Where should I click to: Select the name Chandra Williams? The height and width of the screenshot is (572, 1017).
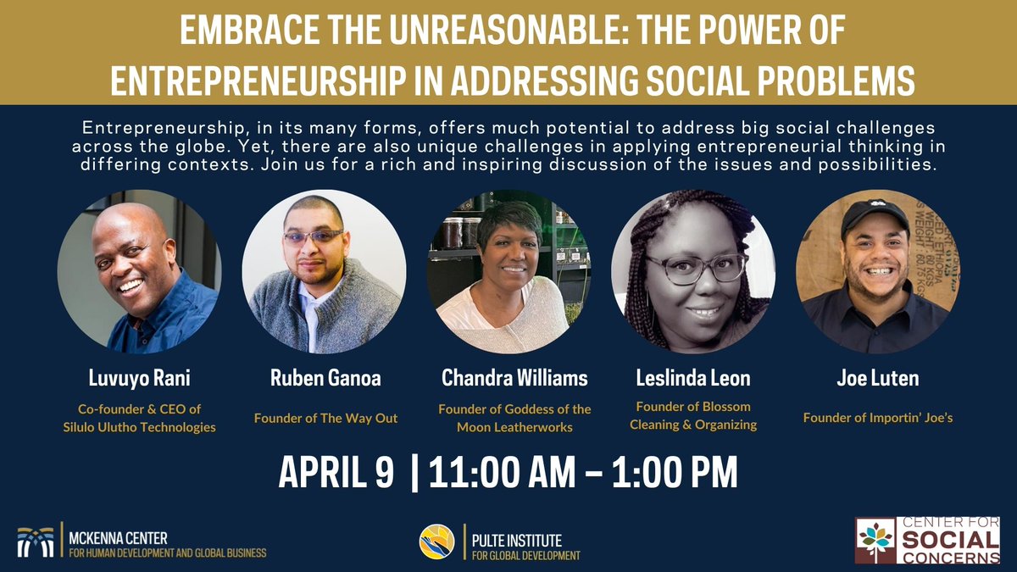514,378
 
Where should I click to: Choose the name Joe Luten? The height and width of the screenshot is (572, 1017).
878,378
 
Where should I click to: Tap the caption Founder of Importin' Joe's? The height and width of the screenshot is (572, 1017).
878,417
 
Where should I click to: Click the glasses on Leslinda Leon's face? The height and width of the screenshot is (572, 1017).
693,267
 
